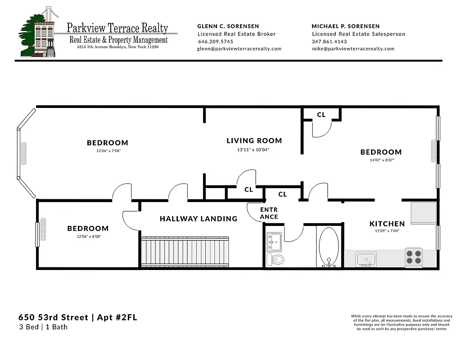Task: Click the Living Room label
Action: [x=254, y=141]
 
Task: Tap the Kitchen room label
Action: [x=387, y=224]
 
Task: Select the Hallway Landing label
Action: [x=198, y=219]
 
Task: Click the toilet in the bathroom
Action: [x=276, y=259]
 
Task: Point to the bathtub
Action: [x=329, y=247]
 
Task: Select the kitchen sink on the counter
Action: [x=366, y=259]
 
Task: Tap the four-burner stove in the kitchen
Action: [x=413, y=257]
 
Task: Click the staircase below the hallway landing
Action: [x=185, y=252]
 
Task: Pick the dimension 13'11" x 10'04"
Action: [x=254, y=150]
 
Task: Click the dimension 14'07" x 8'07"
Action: [x=380, y=160]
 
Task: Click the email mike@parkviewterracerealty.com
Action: [x=353, y=49]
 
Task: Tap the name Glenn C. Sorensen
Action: [x=228, y=26]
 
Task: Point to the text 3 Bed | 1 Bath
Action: [x=43, y=327]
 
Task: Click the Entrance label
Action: [x=269, y=213]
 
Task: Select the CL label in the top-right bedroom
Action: [x=321, y=115]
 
